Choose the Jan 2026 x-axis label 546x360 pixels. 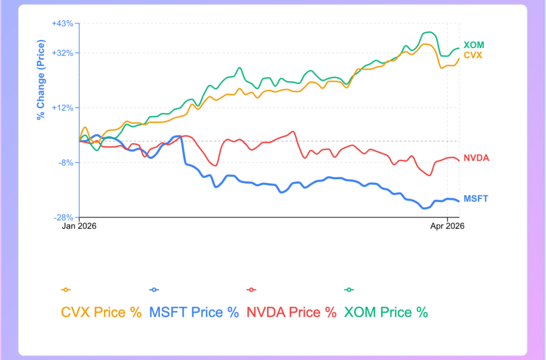coord(79,226)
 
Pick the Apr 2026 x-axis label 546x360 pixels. coord(447,226)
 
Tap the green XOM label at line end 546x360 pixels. coord(473,45)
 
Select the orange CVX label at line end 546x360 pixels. coord(473,55)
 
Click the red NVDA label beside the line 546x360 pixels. coord(476,158)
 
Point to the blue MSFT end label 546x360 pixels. coord(476,198)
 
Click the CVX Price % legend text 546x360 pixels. coord(101,312)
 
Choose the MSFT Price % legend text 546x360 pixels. coord(194,312)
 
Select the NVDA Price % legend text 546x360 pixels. coord(291,312)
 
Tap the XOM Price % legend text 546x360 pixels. coord(386,312)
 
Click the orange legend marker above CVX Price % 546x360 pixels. coord(66,290)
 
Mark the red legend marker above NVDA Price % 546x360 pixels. coord(251,290)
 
